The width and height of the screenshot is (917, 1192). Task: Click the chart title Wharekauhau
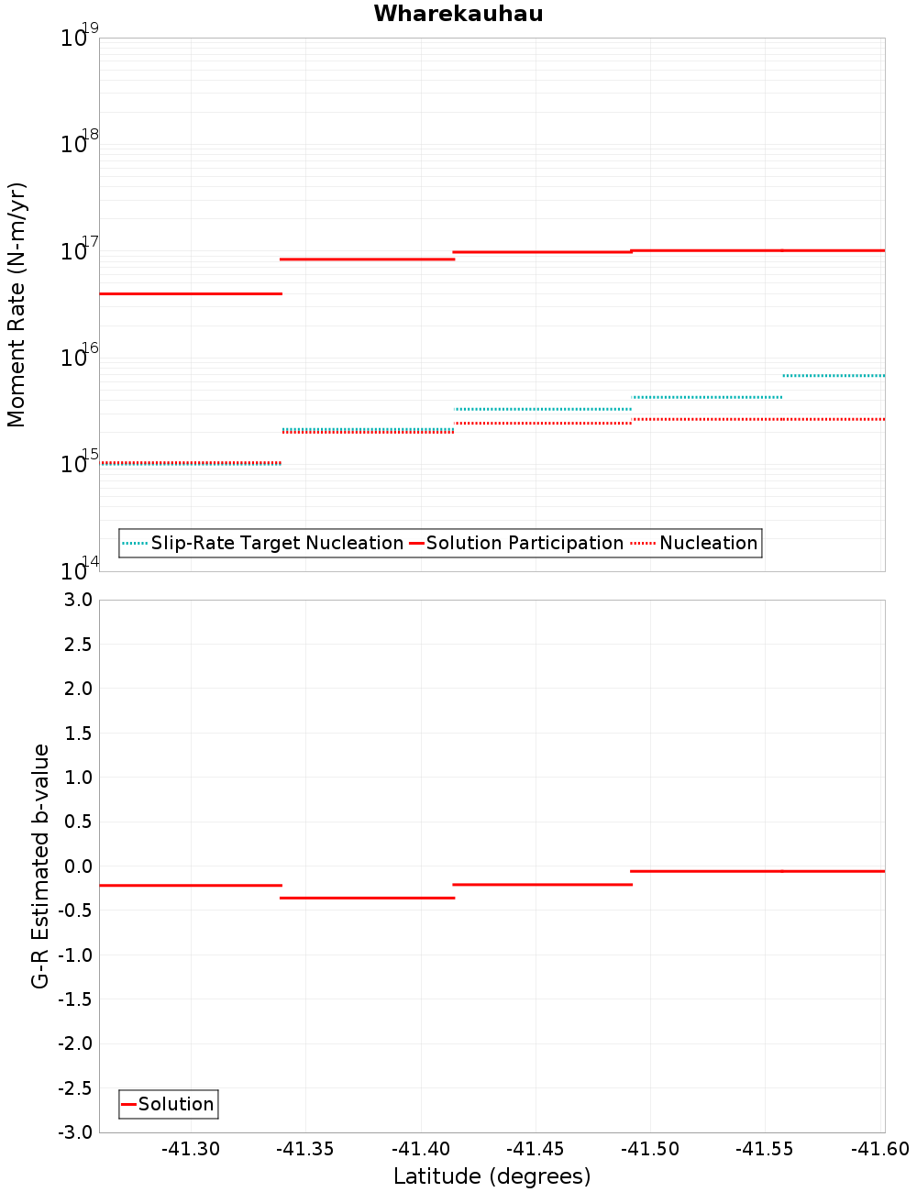(x=458, y=14)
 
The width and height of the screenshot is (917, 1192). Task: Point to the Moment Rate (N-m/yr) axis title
(x=17, y=304)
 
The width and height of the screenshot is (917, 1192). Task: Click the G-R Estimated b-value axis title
(x=40, y=866)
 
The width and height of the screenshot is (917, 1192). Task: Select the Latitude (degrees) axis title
(x=492, y=1176)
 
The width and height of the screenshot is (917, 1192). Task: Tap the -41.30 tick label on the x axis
(x=191, y=1149)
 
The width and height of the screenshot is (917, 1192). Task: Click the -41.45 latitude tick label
(x=536, y=1149)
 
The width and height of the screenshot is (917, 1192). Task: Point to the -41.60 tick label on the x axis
(x=879, y=1149)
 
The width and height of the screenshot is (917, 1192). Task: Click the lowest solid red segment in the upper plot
(x=190, y=293)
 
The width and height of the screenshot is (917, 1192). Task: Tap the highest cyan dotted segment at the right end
(x=834, y=375)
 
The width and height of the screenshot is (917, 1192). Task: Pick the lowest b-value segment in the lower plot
(x=367, y=898)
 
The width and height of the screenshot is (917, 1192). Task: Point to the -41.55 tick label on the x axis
(x=765, y=1149)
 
